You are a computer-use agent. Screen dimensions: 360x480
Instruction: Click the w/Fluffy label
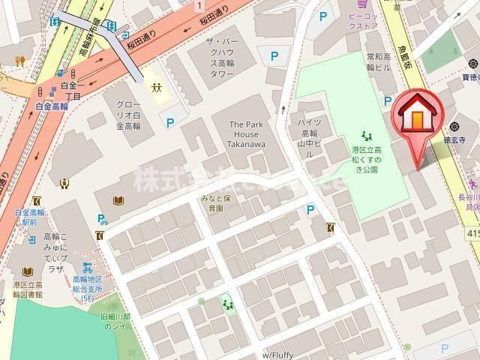[277, 354]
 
